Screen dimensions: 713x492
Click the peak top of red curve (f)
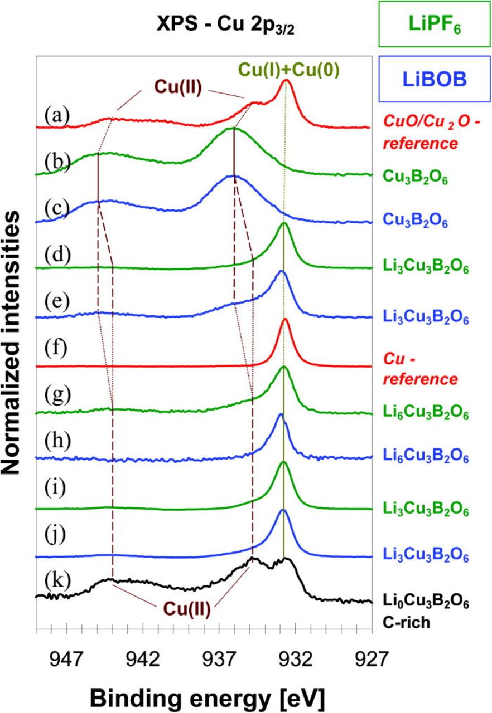285,319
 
